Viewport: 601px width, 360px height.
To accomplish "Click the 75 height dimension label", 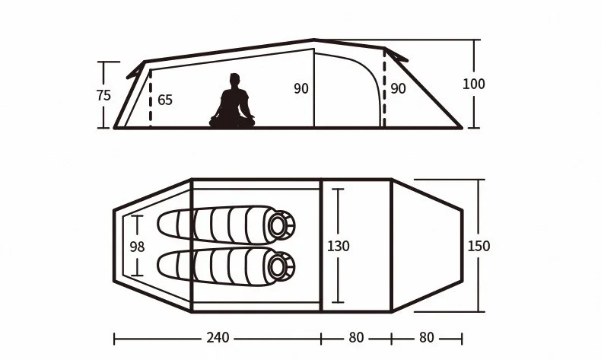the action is [x=104, y=95].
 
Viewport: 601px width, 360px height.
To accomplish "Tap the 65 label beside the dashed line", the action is [x=165, y=100].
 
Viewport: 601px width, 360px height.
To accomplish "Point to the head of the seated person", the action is [x=234, y=79].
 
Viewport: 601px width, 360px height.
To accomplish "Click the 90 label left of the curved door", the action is [x=301, y=88].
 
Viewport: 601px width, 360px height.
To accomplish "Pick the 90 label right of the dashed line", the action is [x=398, y=88].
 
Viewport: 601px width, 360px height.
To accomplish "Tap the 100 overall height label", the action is [x=473, y=84].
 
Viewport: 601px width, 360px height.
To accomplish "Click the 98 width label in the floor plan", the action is [x=137, y=246].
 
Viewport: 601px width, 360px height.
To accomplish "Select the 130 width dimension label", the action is [x=339, y=246].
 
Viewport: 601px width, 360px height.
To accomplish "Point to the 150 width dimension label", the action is [x=479, y=246].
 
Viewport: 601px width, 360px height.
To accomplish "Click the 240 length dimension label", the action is [x=217, y=337].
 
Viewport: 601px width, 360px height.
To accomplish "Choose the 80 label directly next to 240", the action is [x=356, y=337].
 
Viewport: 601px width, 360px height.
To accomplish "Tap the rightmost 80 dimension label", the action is [x=426, y=337].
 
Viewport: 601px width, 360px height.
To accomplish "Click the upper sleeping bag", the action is [x=225, y=225].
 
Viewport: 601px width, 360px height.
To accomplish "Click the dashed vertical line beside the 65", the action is [x=151, y=99].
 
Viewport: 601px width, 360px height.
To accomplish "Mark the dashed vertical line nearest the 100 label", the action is [x=384, y=88].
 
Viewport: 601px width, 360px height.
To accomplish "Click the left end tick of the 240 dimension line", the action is [x=114, y=337].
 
